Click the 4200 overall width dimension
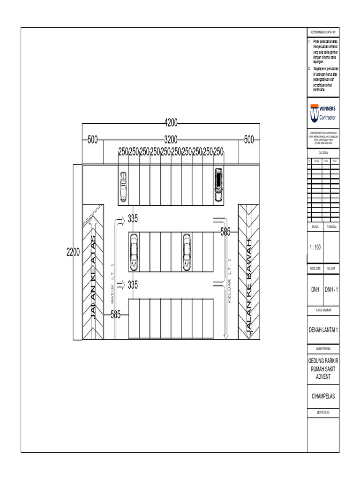(171, 123)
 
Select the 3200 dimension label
(171, 139)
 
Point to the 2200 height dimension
(73, 252)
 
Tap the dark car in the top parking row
(218, 184)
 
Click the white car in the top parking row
(123, 186)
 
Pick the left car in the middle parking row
(134, 251)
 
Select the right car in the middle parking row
(187, 252)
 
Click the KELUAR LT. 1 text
(230, 281)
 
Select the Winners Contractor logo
(323, 113)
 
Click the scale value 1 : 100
(315, 247)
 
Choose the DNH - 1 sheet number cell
(332, 290)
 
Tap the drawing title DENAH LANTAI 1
(323, 330)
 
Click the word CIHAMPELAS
(323, 396)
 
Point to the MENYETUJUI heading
(323, 412)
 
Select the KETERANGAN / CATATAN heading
(323, 32)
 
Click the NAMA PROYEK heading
(323, 349)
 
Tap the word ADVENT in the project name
(323, 376)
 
